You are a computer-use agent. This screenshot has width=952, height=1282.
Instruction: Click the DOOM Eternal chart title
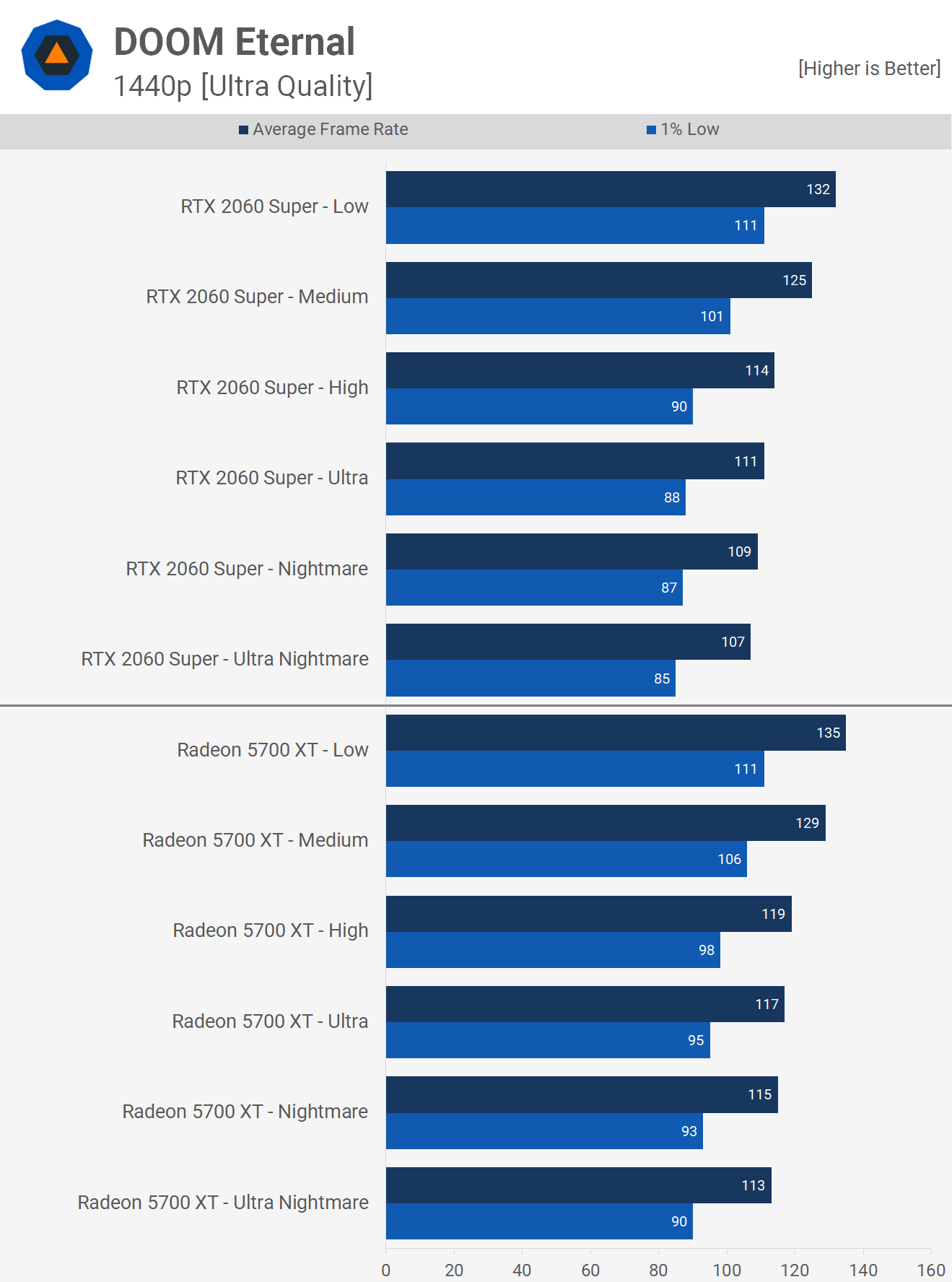[x=234, y=42]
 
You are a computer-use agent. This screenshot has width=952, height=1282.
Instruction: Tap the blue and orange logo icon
[x=57, y=55]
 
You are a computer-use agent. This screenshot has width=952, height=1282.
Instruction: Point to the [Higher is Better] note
[x=869, y=69]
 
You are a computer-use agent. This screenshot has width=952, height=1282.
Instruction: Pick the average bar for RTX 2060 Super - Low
[x=611, y=189]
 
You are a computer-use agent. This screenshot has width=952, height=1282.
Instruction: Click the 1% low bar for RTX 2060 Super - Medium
[x=558, y=316]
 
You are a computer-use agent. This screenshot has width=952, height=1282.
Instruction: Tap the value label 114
[x=756, y=370]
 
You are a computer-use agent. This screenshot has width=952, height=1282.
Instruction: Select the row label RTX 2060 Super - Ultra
[x=271, y=478]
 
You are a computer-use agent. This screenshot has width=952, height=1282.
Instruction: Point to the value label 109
[x=739, y=551]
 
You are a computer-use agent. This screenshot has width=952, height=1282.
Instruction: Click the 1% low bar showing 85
[x=530, y=679]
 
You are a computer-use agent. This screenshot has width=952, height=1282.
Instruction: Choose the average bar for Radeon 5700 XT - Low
[x=616, y=733]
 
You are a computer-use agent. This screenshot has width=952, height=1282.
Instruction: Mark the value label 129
[x=807, y=823]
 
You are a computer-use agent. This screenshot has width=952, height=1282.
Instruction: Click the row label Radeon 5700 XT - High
[x=270, y=930]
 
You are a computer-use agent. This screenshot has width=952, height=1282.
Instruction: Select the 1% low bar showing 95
[x=548, y=1040]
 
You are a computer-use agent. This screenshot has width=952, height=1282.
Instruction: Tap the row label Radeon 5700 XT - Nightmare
[x=245, y=1112]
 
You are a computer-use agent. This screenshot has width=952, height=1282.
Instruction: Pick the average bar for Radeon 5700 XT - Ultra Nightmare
[x=578, y=1185]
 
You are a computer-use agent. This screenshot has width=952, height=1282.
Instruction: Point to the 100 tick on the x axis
[x=726, y=1270]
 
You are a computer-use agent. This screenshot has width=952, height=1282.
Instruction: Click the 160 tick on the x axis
[x=930, y=1270]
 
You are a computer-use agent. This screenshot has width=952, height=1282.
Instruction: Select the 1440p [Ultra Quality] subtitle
[x=243, y=86]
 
